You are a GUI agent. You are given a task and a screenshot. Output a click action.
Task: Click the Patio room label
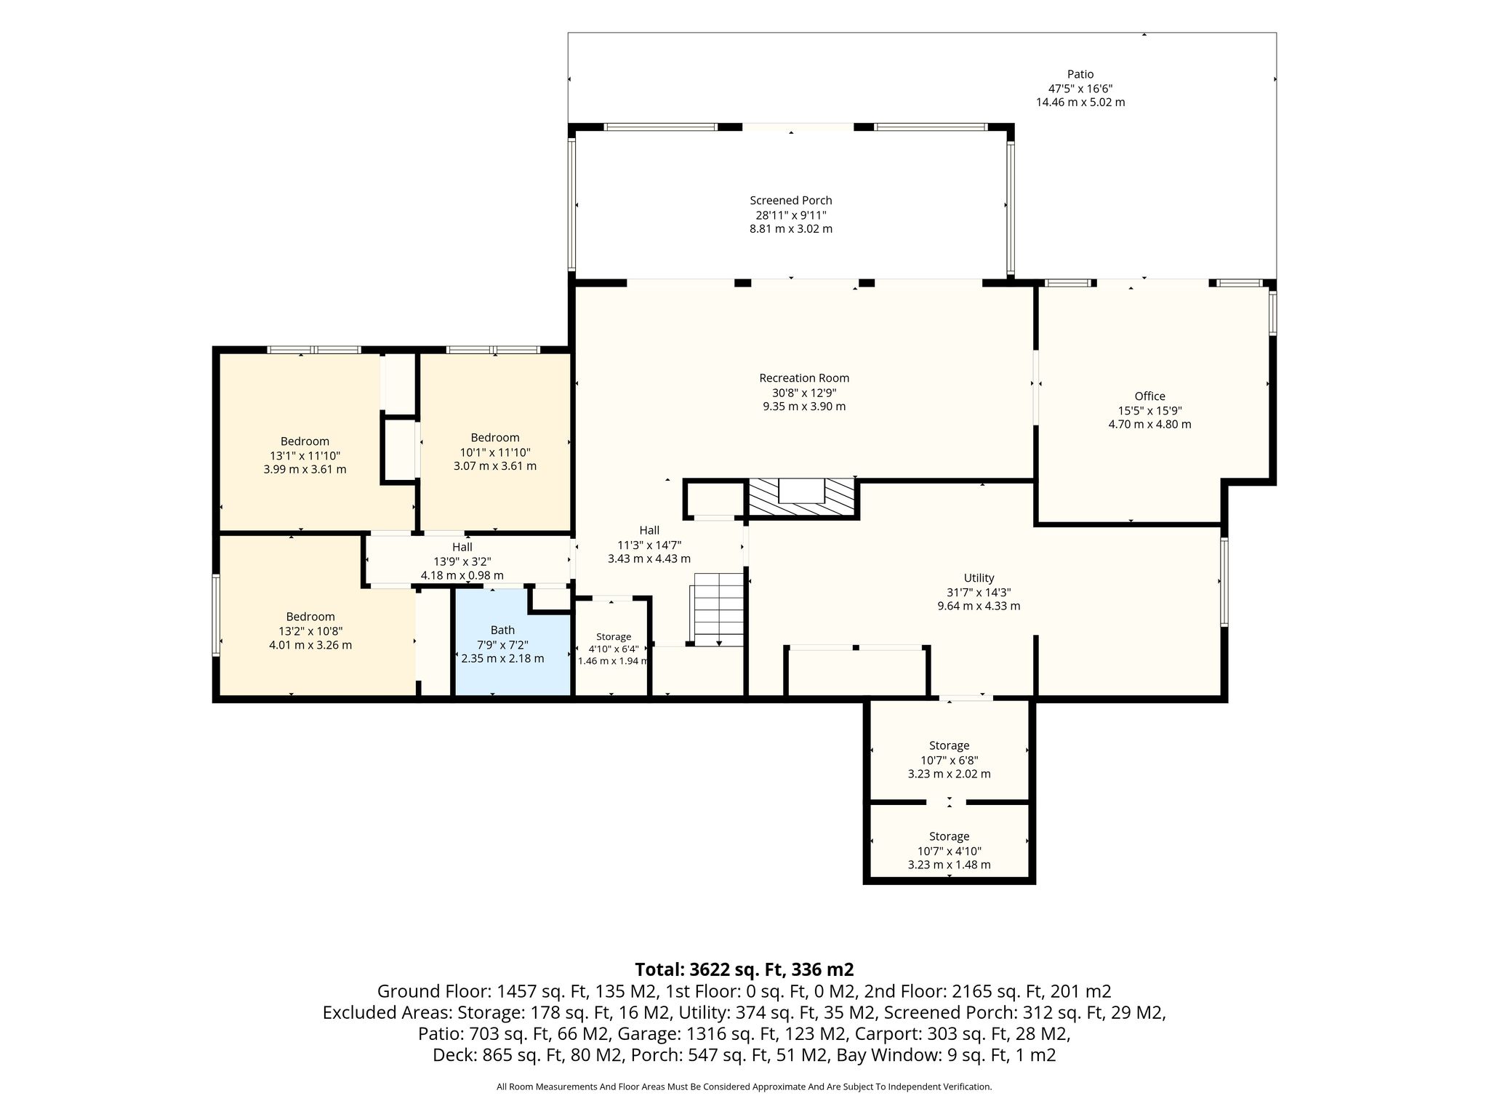tap(1080, 74)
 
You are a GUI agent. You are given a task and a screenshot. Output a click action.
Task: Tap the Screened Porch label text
tap(791, 201)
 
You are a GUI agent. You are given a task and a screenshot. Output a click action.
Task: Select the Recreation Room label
tap(804, 378)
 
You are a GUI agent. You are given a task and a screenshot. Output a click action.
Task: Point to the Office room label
tap(1149, 396)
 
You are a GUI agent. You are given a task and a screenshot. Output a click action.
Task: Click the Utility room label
tap(979, 578)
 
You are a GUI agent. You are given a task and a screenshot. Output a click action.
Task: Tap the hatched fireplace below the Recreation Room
tap(803, 497)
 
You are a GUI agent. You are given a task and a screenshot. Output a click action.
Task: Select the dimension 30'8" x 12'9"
tap(804, 393)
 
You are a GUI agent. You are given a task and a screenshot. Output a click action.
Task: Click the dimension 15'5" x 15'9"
tap(1149, 410)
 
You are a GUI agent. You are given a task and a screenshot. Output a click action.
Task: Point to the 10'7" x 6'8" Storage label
tap(949, 745)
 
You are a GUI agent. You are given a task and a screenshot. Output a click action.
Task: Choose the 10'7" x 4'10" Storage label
tap(949, 836)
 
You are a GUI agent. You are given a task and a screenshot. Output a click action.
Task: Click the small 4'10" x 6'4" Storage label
tap(613, 637)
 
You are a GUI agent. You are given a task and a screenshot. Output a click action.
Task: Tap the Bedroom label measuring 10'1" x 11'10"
tap(495, 438)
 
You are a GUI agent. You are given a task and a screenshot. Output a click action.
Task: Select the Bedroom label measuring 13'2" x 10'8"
tap(310, 617)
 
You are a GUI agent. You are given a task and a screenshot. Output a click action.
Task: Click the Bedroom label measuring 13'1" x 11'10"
tap(305, 441)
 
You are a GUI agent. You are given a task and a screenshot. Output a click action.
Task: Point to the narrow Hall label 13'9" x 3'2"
tap(462, 548)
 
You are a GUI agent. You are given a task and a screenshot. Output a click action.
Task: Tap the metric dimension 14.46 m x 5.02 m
tap(1080, 103)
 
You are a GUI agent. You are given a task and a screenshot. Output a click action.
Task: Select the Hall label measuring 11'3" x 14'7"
tap(649, 531)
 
